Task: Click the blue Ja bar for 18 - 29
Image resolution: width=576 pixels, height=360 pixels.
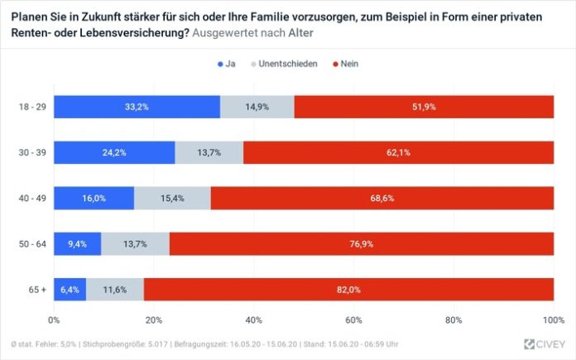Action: point(137,107)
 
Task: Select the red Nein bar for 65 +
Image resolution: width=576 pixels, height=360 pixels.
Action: point(348,289)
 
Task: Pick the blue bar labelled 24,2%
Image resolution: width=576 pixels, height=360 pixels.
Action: point(114,152)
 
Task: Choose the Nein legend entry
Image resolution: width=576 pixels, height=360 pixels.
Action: point(343,64)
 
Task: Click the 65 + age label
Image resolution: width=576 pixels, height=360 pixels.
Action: point(34,289)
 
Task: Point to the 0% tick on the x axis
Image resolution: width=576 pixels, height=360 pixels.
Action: point(55,319)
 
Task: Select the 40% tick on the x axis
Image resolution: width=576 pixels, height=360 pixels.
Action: point(254,319)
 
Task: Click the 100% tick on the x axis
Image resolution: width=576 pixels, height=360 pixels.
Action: point(553,319)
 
